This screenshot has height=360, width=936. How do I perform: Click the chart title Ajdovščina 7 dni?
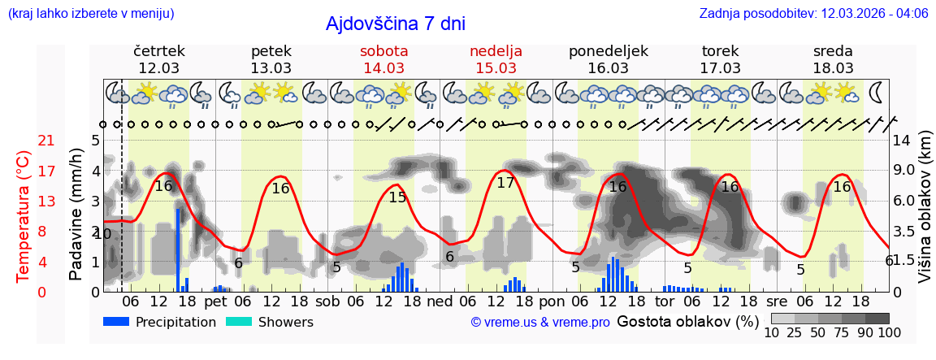[x=395, y=24]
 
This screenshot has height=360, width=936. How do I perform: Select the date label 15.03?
[x=496, y=68]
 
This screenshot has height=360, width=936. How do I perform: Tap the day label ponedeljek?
[x=609, y=51]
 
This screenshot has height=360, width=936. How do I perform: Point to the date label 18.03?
[x=833, y=68]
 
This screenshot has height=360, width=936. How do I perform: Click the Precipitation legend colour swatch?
[x=117, y=322]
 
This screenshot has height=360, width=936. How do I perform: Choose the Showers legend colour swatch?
[x=239, y=322]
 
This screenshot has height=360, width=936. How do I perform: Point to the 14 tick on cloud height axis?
[x=902, y=141]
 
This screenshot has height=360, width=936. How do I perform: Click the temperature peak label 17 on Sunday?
[x=505, y=183]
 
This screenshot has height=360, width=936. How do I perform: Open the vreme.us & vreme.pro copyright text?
[x=540, y=323]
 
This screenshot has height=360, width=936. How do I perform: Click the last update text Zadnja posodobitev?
[x=813, y=14]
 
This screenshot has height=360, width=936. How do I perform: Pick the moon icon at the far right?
[x=877, y=92]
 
